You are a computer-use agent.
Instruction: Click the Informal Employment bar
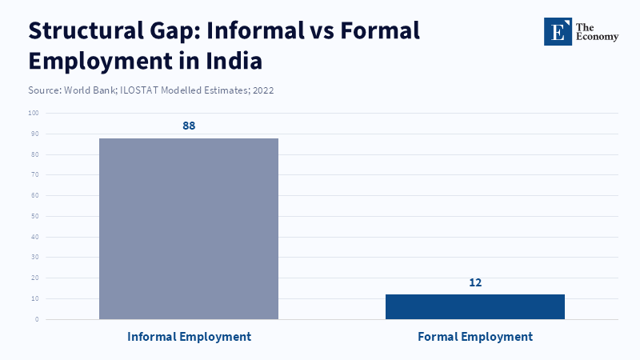pos(189,229)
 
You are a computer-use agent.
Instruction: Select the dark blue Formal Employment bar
pos(475,306)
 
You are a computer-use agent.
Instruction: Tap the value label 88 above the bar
pos(189,126)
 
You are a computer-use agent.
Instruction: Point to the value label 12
pos(475,282)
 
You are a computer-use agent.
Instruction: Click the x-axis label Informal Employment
pos(189,337)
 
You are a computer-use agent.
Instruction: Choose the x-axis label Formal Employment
pos(475,337)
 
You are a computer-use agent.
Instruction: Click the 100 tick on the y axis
pos(34,113)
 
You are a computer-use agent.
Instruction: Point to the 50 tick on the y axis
pos(35,216)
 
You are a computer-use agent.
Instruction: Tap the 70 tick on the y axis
pos(35,174)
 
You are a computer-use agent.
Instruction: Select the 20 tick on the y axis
pos(35,278)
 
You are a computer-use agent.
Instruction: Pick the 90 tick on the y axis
pos(35,134)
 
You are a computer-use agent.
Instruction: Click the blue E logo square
pos(558,31)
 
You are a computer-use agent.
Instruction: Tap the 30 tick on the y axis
pos(35,258)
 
